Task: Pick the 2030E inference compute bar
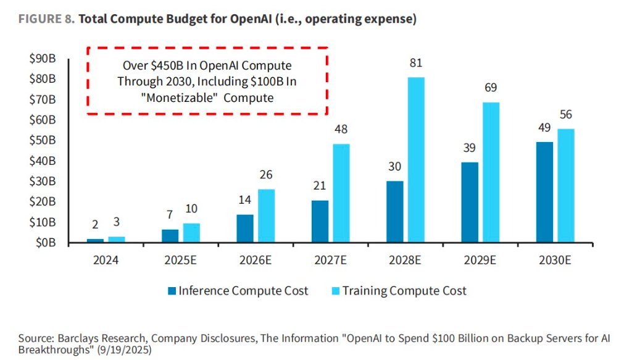point(544,192)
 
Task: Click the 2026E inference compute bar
point(245,228)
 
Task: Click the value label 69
point(490,88)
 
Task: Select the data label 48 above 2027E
point(340,130)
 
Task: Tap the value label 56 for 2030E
point(565,115)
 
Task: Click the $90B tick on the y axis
point(43,59)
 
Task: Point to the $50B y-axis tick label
point(43,141)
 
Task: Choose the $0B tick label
point(46,243)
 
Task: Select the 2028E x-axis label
point(404,261)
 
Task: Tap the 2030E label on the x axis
point(555,261)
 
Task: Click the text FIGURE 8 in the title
point(46,19)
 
